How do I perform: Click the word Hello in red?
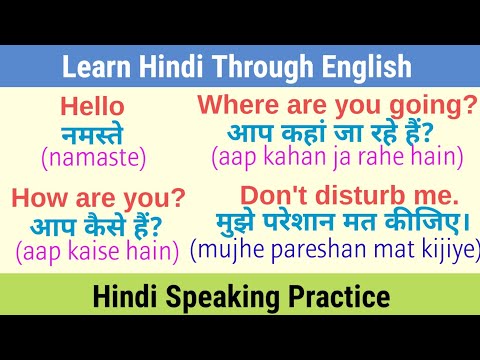click(x=92, y=107)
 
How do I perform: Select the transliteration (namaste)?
click(x=93, y=156)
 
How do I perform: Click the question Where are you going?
click(x=337, y=105)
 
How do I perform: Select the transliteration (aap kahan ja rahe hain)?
click(x=337, y=156)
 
